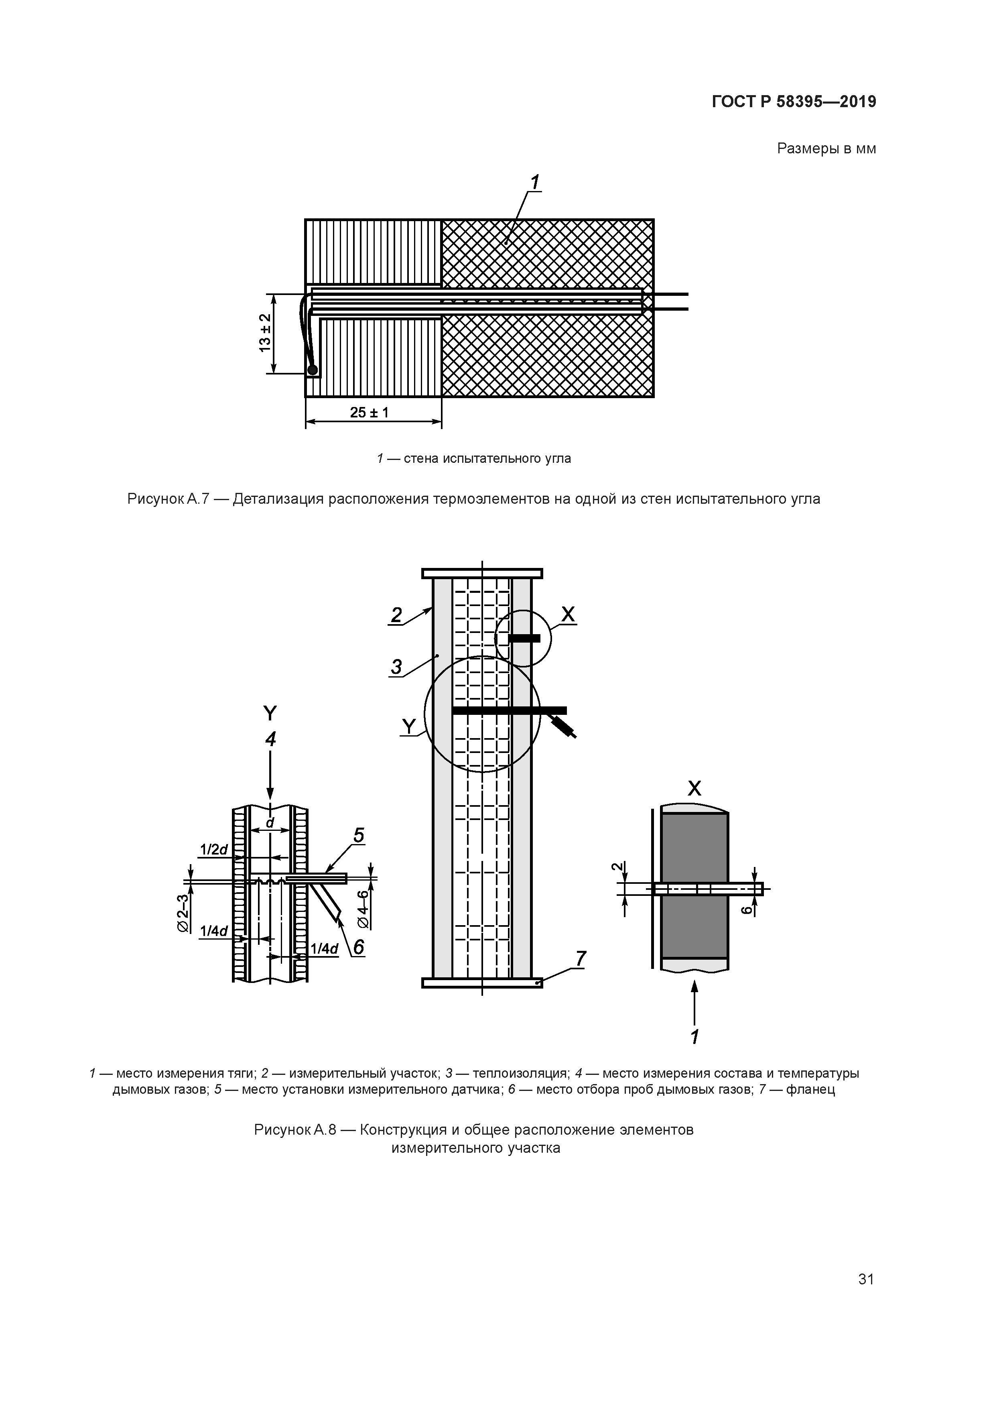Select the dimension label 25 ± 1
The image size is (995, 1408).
click(369, 413)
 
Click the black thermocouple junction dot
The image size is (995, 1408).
click(313, 369)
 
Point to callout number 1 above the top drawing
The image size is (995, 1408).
click(534, 182)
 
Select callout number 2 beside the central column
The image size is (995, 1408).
click(397, 615)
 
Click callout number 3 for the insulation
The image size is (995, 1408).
click(397, 667)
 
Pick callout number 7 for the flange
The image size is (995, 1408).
click(581, 958)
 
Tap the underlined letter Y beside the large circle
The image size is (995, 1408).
click(408, 727)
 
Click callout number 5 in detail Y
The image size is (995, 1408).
click(359, 835)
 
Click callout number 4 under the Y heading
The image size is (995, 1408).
click(270, 739)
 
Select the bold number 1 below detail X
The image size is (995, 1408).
click(694, 1037)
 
